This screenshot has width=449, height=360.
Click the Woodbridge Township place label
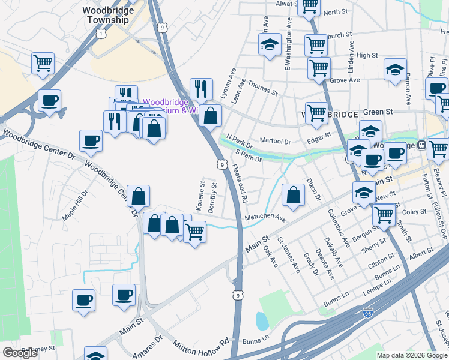click(x=106, y=15)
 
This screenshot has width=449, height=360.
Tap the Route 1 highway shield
click(x=101, y=35)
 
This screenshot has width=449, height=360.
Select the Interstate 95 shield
click(x=368, y=313)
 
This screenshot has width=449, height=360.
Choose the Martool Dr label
click(x=276, y=142)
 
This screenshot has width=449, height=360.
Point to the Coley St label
click(x=414, y=212)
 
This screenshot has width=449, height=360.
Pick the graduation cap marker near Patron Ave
click(x=395, y=70)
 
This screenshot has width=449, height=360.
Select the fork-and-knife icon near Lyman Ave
click(x=202, y=89)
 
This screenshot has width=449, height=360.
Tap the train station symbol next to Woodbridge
click(x=421, y=145)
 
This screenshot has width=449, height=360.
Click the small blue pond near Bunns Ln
click(x=262, y=320)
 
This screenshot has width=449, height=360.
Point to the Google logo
click(x=20, y=353)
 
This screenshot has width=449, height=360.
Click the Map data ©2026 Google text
click(x=412, y=355)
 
